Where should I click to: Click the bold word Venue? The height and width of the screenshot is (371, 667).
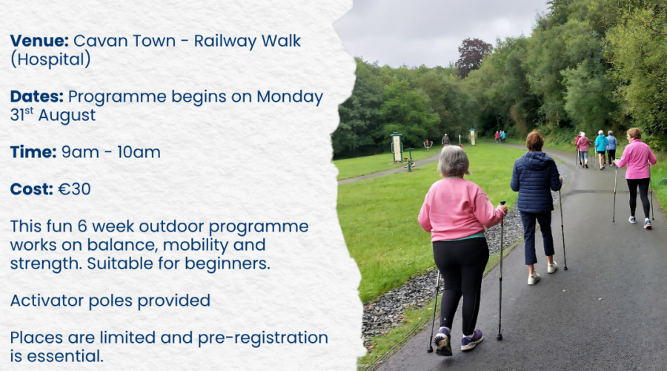[x=39, y=41]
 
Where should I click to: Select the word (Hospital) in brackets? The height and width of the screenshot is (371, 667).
[x=50, y=59]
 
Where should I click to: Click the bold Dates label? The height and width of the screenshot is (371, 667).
[x=36, y=96]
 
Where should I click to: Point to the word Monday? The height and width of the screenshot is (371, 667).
[x=290, y=97]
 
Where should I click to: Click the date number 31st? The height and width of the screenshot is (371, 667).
[x=21, y=114]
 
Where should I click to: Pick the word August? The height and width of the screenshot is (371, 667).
[x=67, y=116]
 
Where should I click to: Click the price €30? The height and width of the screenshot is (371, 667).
[x=74, y=189]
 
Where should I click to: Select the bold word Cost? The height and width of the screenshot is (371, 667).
[x=31, y=189]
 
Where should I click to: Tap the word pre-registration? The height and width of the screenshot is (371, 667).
[x=263, y=338]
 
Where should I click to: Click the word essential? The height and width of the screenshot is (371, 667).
[x=56, y=356]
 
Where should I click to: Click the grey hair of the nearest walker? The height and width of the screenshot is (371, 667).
[x=454, y=160]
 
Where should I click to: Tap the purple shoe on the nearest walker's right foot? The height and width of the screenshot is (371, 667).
[x=472, y=340]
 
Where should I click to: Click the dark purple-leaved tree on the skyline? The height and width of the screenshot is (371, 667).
[x=473, y=56]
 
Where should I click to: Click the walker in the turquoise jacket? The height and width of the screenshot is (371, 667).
[x=600, y=149]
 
